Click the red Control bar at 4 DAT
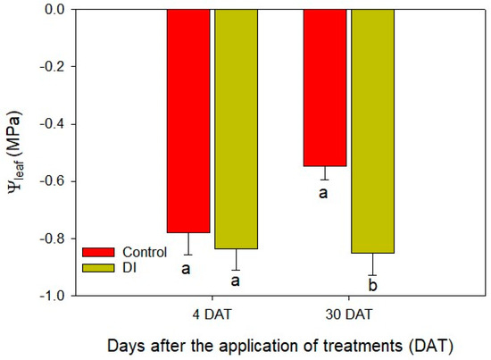coord(188,121)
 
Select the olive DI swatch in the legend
coord(97,266)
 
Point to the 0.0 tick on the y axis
coord(58,10)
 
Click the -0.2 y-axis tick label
coord(56,67)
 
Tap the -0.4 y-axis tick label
coord(56,124)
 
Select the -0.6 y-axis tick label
coord(56,181)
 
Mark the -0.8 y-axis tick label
coord(56,239)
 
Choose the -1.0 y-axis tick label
coord(56,296)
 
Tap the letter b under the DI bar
coord(373,286)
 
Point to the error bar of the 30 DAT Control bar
coord(325,173)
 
